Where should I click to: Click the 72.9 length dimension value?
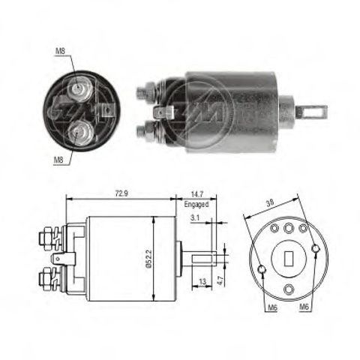pyautogui.click(x=121, y=193)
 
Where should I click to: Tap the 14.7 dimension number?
pyautogui.click(x=197, y=193)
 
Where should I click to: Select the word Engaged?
pyautogui.click(x=196, y=204)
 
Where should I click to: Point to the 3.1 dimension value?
pyautogui.click(x=195, y=217)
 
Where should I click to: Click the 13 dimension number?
pyautogui.click(x=202, y=282)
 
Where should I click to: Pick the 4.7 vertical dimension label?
pyautogui.click(x=220, y=280)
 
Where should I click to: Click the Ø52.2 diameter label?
pyautogui.click(x=148, y=259)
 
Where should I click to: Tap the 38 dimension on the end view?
pyautogui.click(x=270, y=202)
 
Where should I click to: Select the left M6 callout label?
pyautogui.click(x=272, y=307)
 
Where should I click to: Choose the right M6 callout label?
pyautogui.click(x=304, y=307)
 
